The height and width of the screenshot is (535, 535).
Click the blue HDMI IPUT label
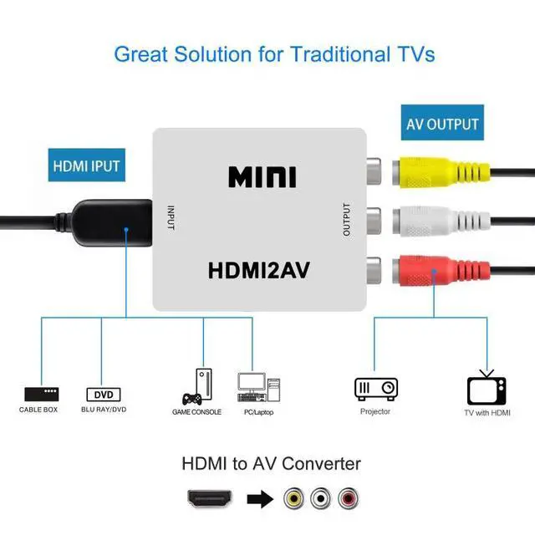click(x=87, y=166)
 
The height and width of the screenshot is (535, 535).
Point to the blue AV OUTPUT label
click(x=442, y=125)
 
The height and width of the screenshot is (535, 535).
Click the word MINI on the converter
click(x=262, y=177)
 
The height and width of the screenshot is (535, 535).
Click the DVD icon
click(x=104, y=394)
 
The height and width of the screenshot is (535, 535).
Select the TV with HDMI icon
click(x=487, y=388)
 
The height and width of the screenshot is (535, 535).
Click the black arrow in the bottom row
click(x=261, y=500)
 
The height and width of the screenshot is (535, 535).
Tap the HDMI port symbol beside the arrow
click(x=209, y=500)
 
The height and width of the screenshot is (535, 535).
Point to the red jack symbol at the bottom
click(x=347, y=500)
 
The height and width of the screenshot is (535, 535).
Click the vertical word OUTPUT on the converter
click(x=346, y=219)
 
